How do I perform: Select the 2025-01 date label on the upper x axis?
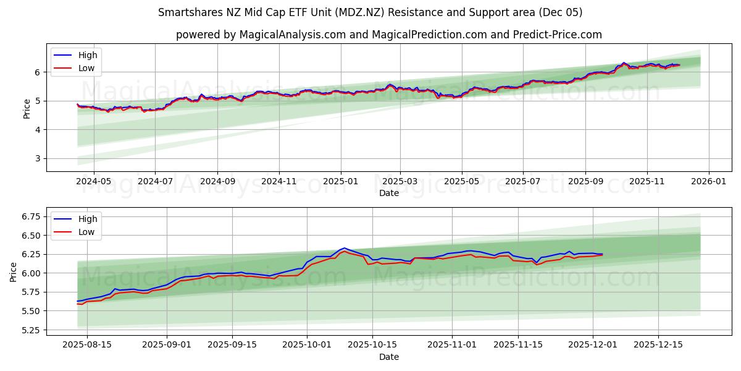341,182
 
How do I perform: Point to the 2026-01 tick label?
708,182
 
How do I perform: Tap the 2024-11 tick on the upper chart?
279,182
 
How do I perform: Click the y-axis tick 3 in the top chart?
38,158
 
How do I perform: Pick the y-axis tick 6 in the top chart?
38,72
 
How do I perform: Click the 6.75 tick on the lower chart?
31,216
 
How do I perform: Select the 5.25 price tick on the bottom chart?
31,330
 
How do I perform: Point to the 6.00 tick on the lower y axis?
31,273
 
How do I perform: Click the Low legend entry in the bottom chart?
86,232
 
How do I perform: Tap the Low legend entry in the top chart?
86,68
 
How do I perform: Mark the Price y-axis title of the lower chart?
14,272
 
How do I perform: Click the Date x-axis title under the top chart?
389,193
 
